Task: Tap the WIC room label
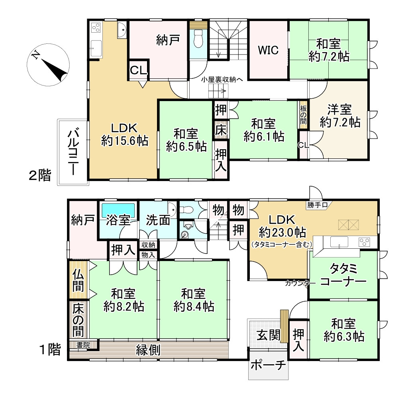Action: [x=268, y=51]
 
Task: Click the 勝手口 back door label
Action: [x=317, y=205]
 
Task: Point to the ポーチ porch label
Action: [x=269, y=365]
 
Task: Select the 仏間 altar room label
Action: [x=78, y=280]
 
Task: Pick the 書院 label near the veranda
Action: [x=83, y=345]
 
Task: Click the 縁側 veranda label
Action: [x=149, y=350]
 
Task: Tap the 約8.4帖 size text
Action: [x=194, y=306]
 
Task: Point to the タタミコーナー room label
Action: [x=343, y=275]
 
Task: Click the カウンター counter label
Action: [x=297, y=283]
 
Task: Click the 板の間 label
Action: [x=303, y=115]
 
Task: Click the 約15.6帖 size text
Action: [x=125, y=140]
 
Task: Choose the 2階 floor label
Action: [x=40, y=175]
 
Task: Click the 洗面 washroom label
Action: [x=158, y=220]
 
